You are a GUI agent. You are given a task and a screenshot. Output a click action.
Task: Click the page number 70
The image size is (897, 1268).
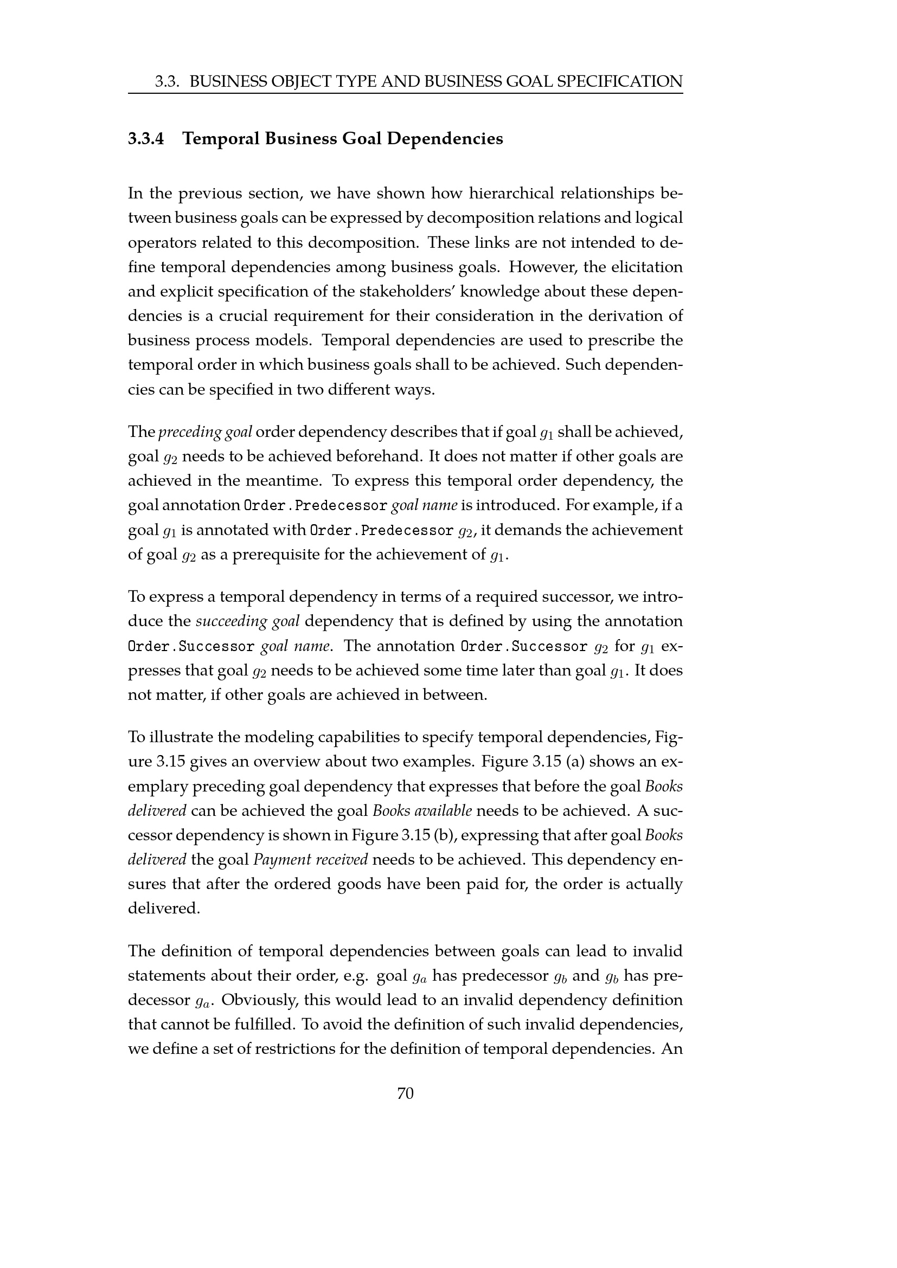pos(405,1093)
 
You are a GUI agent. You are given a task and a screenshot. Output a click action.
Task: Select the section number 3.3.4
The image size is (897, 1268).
pos(146,139)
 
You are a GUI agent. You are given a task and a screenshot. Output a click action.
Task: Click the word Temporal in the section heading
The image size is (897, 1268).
pos(220,139)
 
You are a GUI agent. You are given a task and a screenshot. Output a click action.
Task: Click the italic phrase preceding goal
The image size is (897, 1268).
pos(205,432)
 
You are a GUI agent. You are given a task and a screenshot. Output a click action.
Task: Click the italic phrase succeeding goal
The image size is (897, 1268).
pos(247,621)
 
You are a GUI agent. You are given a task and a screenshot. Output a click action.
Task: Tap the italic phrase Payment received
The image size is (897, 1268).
pos(310,859)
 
